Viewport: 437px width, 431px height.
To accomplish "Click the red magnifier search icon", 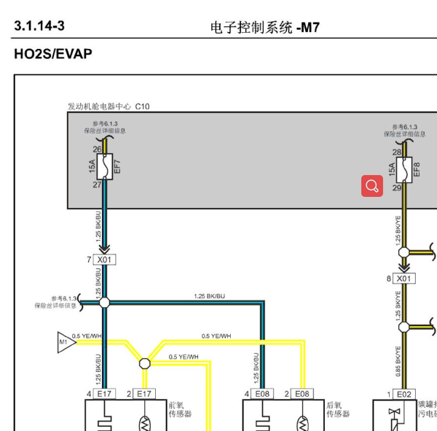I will [x=372, y=186].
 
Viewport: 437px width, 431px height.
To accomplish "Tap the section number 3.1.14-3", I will [x=39, y=26].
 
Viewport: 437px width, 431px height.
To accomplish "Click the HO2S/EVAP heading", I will [x=53, y=54].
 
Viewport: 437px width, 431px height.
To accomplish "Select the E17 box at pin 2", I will [x=145, y=394].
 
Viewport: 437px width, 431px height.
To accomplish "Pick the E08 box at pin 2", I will [x=302, y=394].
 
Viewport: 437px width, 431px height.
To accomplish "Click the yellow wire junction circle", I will [x=144, y=362].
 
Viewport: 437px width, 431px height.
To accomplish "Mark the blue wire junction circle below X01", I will [x=104, y=302].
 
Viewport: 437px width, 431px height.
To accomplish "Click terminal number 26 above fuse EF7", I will [x=97, y=150].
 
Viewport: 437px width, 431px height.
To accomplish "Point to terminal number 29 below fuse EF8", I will [x=397, y=188].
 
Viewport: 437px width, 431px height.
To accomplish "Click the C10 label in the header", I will [x=142, y=106].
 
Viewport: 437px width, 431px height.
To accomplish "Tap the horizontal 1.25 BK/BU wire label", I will [x=210, y=296].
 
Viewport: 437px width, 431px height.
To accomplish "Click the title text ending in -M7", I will [x=265, y=27].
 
